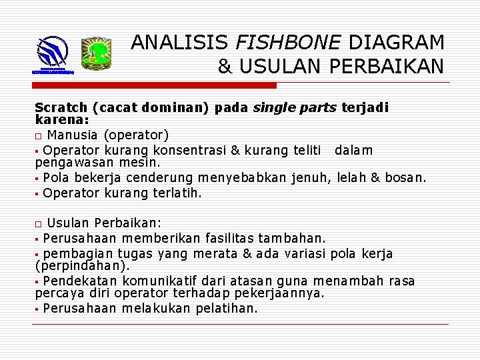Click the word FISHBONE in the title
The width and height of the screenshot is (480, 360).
[289, 43]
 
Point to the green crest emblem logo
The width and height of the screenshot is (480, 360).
[96, 54]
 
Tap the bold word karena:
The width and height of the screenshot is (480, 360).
[61, 119]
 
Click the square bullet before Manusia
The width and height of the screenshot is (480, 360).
[39, 135]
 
